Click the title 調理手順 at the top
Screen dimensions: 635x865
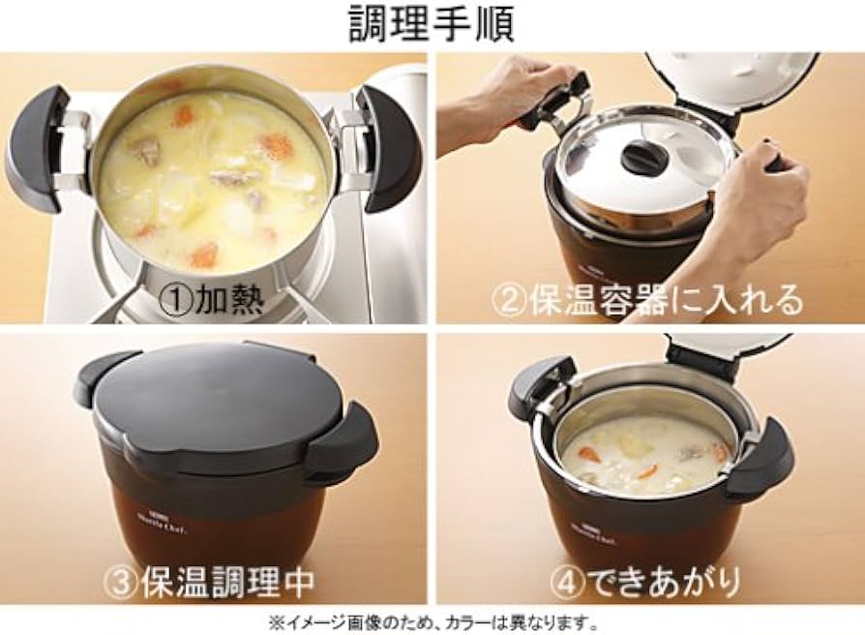432,24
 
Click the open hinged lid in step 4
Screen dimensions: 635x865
726,350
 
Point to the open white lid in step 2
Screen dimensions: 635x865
735,82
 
